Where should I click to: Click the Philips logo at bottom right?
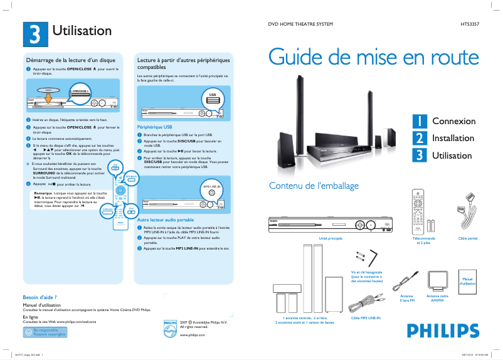pos(438,331)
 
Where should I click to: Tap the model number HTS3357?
pos(463,24)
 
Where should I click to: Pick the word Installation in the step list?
pos(453,138)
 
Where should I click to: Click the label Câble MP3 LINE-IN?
pos(365,318)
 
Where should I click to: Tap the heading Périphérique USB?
pos(154,127)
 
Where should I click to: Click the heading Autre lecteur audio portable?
pos(165,220)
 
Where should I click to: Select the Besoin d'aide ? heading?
pos(40,297)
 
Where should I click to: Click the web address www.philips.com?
pos(193,336)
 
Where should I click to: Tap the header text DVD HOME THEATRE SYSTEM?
pos(300,24)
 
